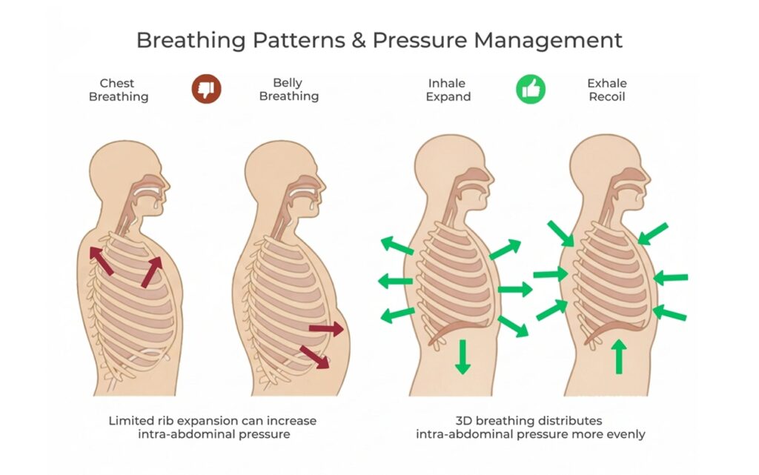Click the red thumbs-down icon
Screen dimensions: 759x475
tap(206, 89)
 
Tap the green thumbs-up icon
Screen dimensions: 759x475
tap(531, 89)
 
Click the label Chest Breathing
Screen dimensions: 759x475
tap(119, 90)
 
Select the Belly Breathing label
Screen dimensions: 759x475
tap(289, 90)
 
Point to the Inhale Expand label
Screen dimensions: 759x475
tap(448, 90)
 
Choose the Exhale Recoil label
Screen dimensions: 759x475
tap(607, 90)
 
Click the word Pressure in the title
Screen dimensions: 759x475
tap(420, 40)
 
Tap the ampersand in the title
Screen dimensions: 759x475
tap(359, 41)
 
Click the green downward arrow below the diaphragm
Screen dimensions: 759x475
tap(463, 356)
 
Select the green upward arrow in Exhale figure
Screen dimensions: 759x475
tap(619, 356)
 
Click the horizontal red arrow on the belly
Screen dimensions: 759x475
tap(326, 330)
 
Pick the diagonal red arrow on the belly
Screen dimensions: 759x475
tap(314, 357)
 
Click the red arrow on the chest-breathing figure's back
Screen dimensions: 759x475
tap(102, 261)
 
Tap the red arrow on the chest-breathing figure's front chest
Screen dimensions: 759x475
tap(151, 272)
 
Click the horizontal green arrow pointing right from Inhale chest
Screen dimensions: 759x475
tap(515, 290)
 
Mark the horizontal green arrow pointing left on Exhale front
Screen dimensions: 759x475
tap(670, 278)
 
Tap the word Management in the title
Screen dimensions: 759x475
tap(548, 41)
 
